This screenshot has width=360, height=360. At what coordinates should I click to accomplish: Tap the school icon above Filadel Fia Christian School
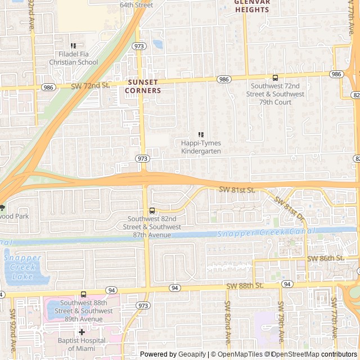point(73,46)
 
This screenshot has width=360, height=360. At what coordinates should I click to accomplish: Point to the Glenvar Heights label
point(252,6)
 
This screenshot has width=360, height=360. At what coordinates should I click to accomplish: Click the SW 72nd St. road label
point(90,85)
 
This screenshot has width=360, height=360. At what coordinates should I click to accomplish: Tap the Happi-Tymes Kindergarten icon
point(201,135)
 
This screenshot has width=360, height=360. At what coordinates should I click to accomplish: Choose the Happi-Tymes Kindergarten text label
point(201,147)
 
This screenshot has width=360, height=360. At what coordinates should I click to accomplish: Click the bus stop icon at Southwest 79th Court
point(275,78)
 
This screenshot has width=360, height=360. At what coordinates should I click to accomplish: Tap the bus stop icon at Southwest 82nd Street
point(152,211)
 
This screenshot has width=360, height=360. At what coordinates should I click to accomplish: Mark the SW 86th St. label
point(325,258)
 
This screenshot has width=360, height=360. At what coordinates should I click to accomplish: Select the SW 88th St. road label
point(245,286)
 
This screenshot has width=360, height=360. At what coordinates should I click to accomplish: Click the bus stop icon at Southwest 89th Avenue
point(83,294)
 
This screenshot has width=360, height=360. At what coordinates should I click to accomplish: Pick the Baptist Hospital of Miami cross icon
point(82,332)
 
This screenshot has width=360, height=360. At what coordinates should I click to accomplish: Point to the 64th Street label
point(136,5)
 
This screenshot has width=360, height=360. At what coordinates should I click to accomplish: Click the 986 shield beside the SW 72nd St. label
point(48,87)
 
